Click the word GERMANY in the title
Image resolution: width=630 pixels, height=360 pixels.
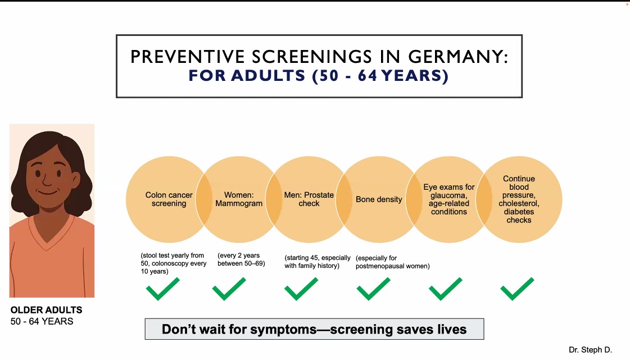[x=458, y=57]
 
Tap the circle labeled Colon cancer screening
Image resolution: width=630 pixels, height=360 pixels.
[x=169, y=199]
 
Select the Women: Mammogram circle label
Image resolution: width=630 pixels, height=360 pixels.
[x=239, y=199]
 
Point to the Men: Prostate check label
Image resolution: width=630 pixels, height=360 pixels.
[x=309, y=199]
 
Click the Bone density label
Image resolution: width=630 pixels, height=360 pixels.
[x=378, y=199]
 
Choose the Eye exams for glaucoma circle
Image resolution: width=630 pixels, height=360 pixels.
[x=449, y=199]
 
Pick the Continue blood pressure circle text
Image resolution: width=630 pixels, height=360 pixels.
[x=519, y=199]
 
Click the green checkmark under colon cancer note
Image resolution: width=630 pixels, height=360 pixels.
[x=163, y=289]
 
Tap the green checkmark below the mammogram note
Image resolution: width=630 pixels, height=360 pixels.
[x=229, y=289]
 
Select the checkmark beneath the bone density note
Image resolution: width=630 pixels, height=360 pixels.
[x=374, y=289]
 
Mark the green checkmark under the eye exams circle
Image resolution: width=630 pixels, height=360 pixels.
[x=446, y=289]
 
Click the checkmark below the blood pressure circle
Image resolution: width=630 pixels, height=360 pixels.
[x=517, y=289]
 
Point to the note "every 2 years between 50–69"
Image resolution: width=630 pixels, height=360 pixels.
[x=242, y=259]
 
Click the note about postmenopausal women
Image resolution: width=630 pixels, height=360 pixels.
[x=392, y=262]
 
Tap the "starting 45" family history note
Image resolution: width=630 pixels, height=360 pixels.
[x=318, y=262]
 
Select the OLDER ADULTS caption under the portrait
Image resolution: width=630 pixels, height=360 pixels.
[x=46, y=310]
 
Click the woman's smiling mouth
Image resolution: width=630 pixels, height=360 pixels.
[x=47, y=192]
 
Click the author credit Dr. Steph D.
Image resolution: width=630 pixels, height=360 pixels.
[x=590, y=349]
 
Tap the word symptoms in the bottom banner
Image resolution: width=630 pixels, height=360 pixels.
[x=283, y=330]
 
